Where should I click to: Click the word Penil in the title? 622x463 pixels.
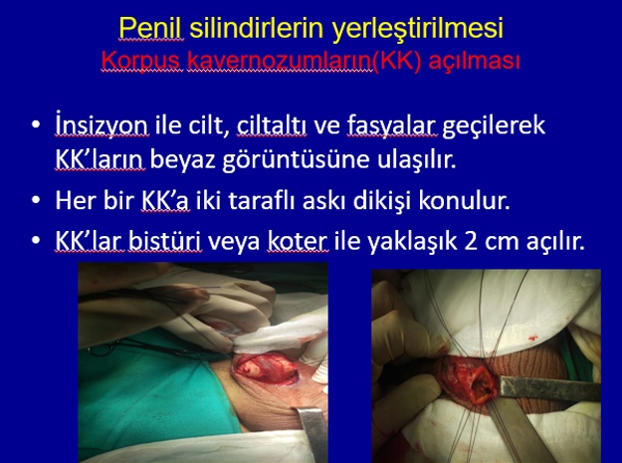point(150,28)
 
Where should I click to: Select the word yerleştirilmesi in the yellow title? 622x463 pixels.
point(418,29)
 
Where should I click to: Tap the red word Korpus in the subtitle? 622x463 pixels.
point(142,62)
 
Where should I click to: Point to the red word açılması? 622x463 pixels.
point(475,62)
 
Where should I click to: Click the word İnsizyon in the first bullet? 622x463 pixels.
point(102,125)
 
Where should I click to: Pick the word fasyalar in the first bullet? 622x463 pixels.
point(392,125)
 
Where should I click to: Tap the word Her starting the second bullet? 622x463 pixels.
point(76,200)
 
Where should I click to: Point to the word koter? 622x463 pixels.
point(298,242)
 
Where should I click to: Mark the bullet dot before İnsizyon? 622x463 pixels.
point(36,124)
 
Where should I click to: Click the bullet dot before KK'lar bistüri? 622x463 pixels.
point(36,241)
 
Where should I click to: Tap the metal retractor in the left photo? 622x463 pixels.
point(313,435)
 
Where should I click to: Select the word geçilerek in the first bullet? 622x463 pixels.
point(493,126)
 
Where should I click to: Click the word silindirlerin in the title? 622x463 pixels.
point(257,28)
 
